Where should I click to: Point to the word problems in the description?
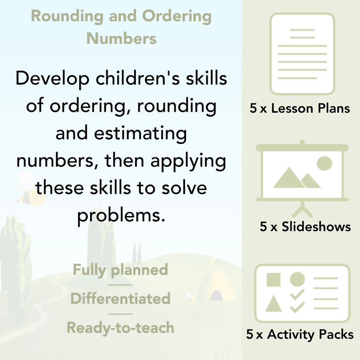tap(121, 214)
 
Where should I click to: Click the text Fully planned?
tap(120, 269)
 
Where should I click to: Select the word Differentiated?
tap(120, 298)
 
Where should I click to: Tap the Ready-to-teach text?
tap(120, 327)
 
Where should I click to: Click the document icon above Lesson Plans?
tap(302, 54)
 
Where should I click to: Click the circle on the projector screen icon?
tap(325, 164)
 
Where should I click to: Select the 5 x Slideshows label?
tap(305, 227)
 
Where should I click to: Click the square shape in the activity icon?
tap(274, 280)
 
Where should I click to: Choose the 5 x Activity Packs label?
tap(300, 335)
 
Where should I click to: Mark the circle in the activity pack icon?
tap(297, 279)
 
